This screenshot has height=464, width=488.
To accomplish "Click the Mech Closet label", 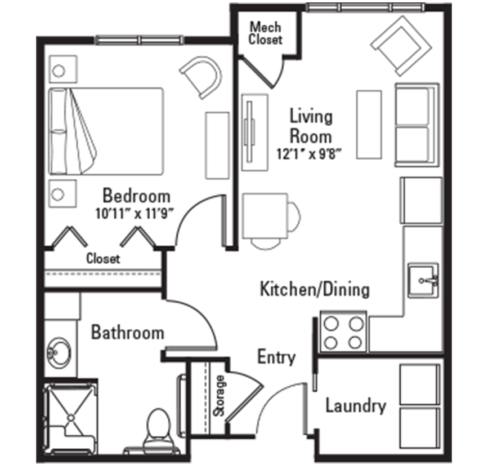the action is click(x=266, y=33).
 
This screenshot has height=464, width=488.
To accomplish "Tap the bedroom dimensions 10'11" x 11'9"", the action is click(x=134, y=214).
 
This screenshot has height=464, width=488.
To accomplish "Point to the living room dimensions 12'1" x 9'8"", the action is click(x=310, y=154).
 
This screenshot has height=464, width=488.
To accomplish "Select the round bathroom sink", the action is click(x=59, y=353).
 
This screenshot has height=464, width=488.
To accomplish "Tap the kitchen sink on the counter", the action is click(x=423, y=280).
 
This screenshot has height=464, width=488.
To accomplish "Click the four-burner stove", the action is click(x=343, y=333).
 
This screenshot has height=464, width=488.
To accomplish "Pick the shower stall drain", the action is click(x=71, y=417).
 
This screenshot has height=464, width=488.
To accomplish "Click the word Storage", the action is click(x=220, y=396).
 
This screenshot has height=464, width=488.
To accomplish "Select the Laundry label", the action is click(x=356, y=406).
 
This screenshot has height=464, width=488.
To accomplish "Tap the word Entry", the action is click(x=276, y=357).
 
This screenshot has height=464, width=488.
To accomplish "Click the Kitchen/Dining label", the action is click(x=315, y=289).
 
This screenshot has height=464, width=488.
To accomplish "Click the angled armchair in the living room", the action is click(x=401, y=46).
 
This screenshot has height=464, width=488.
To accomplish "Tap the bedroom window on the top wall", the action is click(x=139, y=40).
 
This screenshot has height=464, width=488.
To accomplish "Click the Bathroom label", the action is click(x=128, y=333).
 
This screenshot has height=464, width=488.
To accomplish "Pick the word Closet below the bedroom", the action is click(x=103, y=259).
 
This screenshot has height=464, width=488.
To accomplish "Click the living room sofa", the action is click(x=417, y=125).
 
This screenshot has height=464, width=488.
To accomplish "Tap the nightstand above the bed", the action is click(x=63, y=69).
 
